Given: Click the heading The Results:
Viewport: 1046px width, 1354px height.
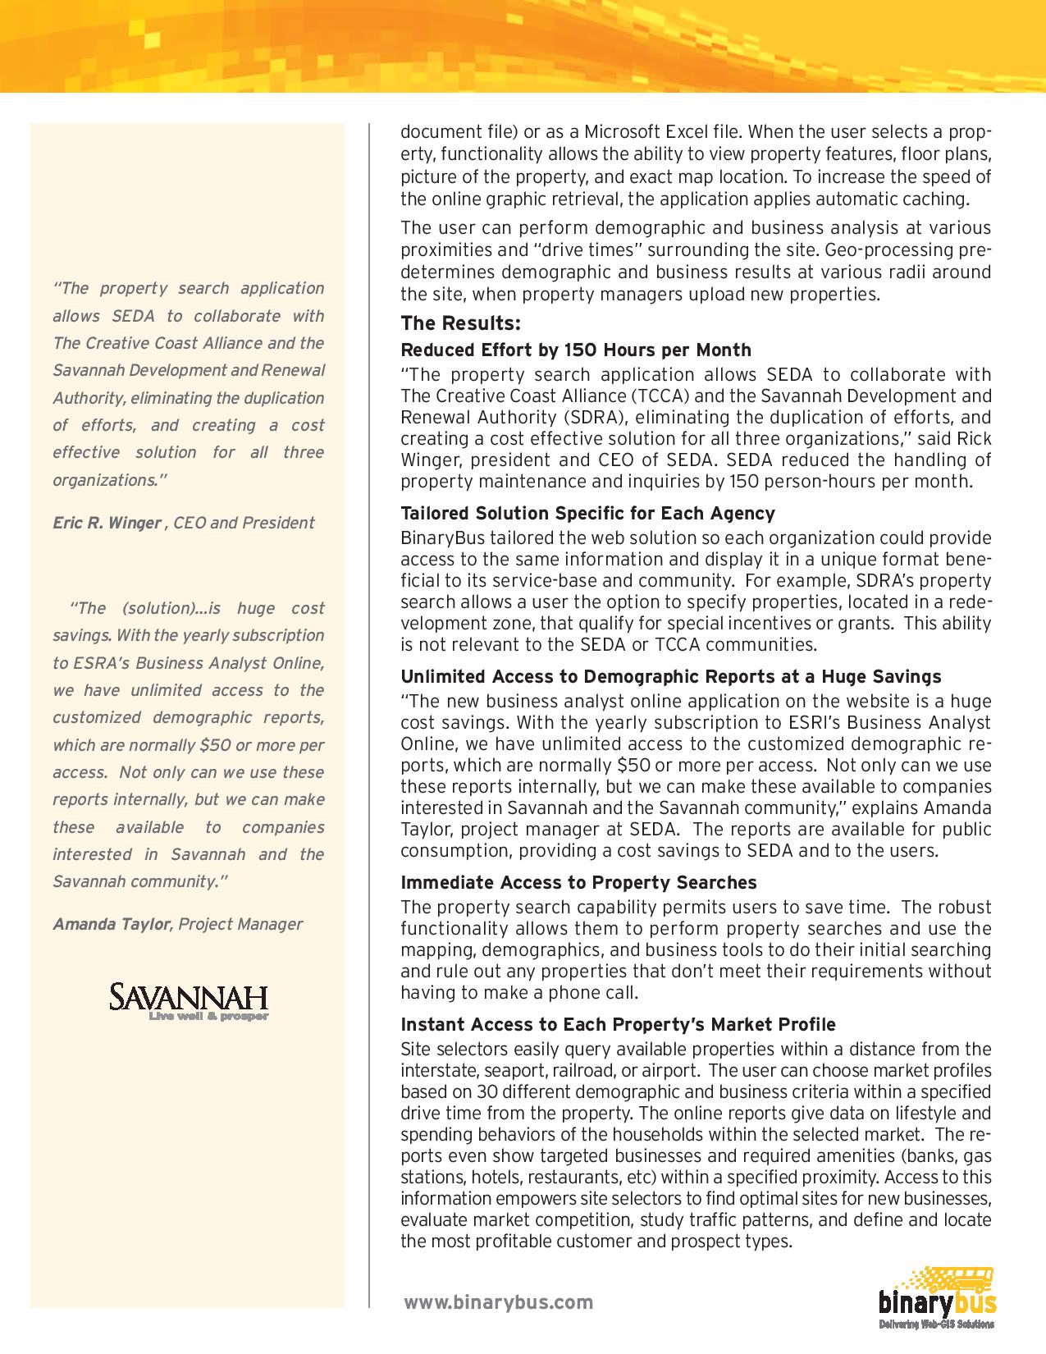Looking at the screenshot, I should pos(460,322).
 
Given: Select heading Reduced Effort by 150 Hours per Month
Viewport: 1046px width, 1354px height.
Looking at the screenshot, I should pos(575,350).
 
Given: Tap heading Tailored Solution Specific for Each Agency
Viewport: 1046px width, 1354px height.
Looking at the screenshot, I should pos(587,514).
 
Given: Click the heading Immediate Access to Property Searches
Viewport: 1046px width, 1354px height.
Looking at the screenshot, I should pos(578,883).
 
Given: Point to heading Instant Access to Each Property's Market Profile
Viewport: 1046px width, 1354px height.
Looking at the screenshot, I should pos(618,1025).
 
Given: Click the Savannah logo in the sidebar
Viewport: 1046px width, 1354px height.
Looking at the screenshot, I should pos(189,998).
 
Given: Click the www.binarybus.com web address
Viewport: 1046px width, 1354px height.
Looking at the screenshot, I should pos(498,1302).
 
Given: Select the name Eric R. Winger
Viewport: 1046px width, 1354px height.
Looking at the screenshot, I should pos(107,523).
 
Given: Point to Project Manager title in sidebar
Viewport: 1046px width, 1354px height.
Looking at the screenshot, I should pos(240,924).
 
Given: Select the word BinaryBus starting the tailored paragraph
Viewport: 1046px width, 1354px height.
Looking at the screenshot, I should pos(435,538).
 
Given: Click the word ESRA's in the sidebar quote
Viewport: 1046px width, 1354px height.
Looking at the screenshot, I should pos(86,663).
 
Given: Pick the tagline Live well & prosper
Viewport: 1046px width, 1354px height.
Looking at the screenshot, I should pos(208,1018).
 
